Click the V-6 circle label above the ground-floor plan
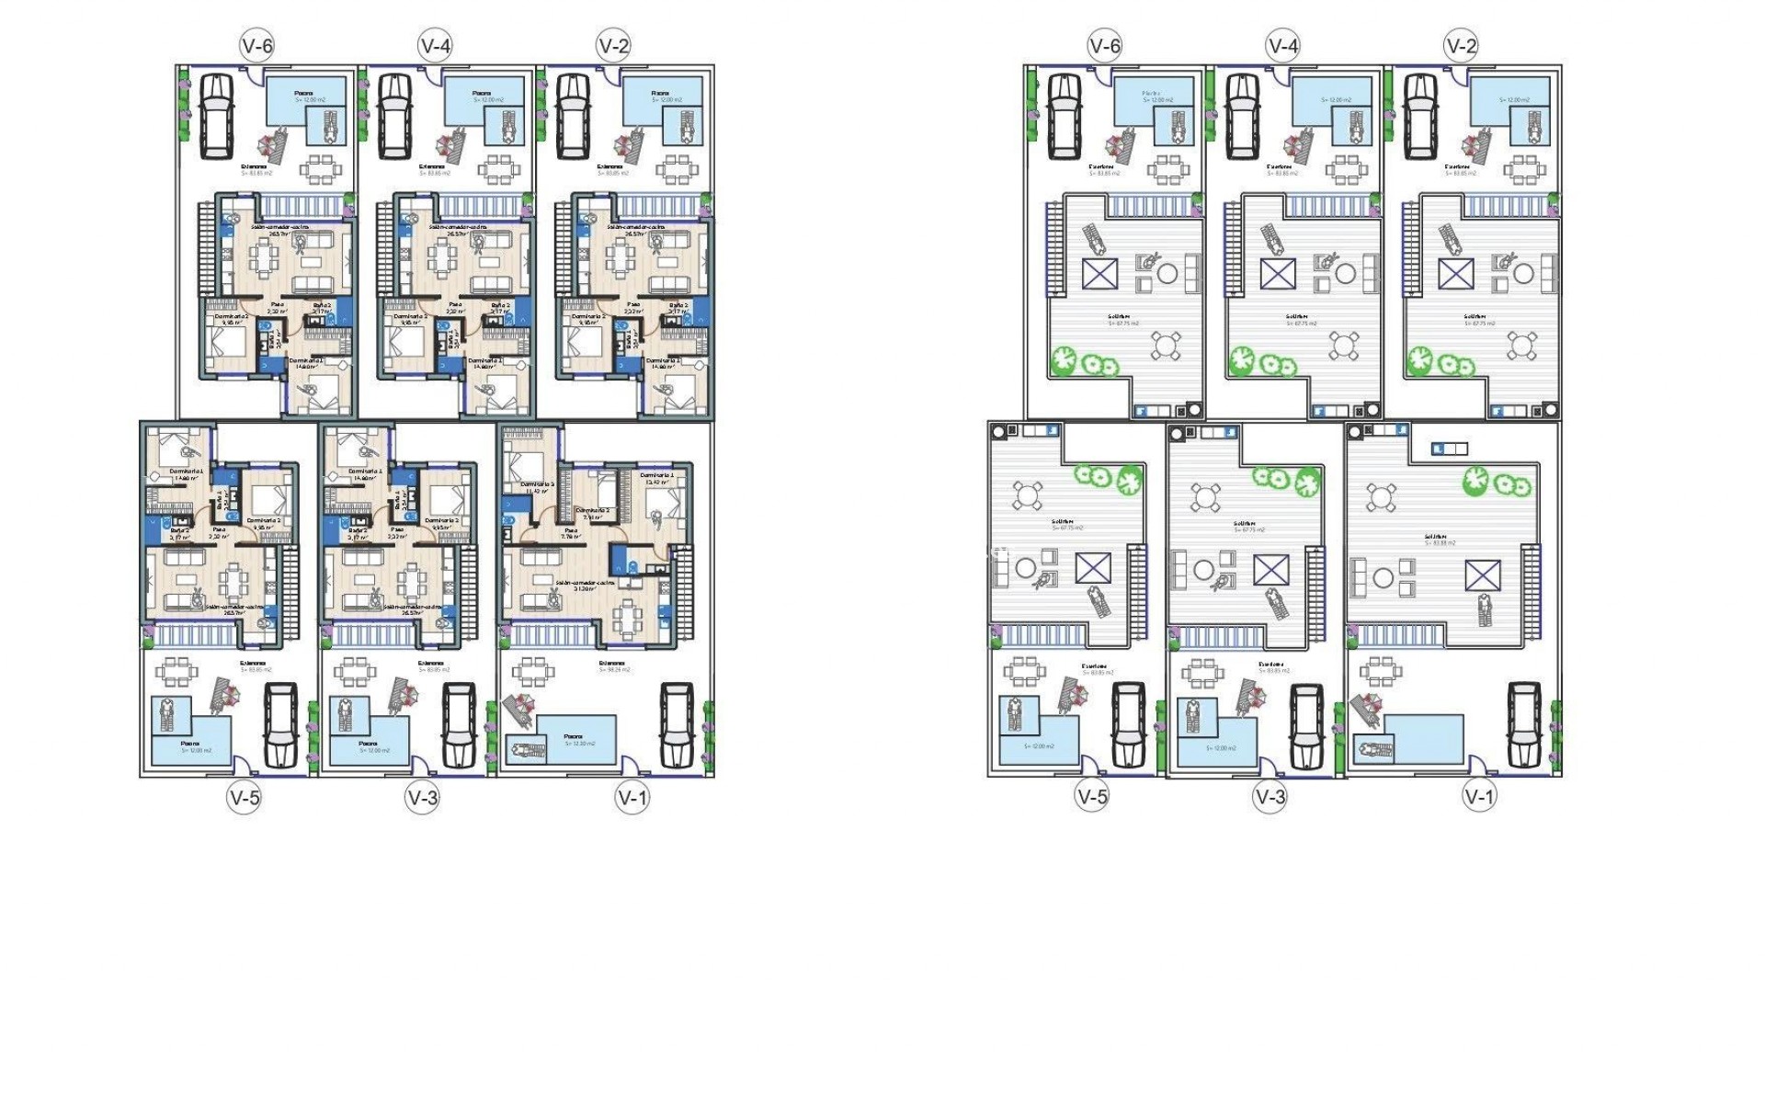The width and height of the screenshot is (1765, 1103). (x=256, y=46)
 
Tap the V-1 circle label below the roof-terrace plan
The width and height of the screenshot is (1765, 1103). (x=1480, y=797)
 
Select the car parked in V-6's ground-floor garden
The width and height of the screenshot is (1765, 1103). (x=217, y=114)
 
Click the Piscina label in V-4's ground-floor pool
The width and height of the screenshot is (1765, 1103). (x=481, y=93)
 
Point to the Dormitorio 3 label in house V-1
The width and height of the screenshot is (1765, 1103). (x=538, y=483)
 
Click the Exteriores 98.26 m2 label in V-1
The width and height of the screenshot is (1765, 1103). (x=613, y=665)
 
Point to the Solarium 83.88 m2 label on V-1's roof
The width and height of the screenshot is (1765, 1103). (x=1440, y=540)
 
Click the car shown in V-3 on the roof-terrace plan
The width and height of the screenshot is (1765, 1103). (x=1305, y=725)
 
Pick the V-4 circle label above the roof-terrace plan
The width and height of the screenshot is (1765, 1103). (x=1282, y=46)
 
